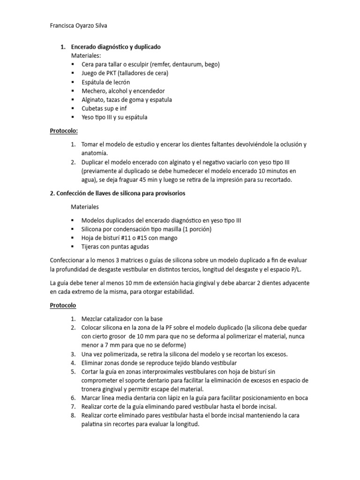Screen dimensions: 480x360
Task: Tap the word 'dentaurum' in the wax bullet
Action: point(174,64)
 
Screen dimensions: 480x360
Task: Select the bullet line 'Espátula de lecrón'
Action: point(105,82)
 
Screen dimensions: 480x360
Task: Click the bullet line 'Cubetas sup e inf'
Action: point(105,109)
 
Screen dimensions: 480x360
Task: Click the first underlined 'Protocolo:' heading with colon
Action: point(64,131)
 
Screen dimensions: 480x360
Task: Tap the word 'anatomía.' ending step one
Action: point(94,153)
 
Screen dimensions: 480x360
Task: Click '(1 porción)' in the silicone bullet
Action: point(195,229)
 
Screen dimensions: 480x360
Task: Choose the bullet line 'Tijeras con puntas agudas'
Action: point(115,247)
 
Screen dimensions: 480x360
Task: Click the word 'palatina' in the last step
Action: point(94,425)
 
